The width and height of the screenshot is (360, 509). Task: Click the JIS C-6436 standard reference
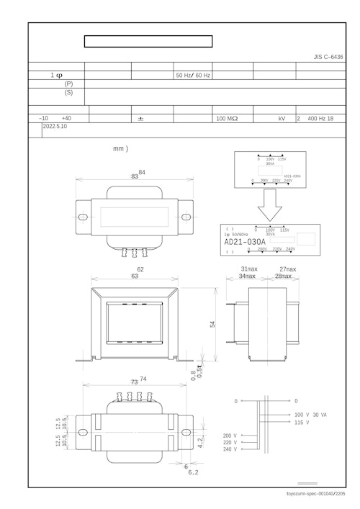[x=328, y=56]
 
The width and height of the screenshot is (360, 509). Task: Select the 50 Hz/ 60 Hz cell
[x=193, y=75]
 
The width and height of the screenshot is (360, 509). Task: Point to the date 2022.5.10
[x=55, y=126]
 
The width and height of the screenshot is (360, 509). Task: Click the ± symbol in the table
[x=140, y=118]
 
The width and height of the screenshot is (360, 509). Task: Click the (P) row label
[x=68, y=84]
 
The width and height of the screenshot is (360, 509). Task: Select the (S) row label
[x=68, y=93]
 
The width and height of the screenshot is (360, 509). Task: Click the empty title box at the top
[x=148, y=41]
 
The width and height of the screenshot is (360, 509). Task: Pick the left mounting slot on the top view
[x=82, y=217]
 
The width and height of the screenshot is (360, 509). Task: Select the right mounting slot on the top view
[x=186, y=217]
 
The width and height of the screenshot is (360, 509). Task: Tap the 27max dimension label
[x=287, y=269]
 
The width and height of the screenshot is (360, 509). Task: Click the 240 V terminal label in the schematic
[x=230, y=449]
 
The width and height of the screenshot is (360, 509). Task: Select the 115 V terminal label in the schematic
[x=302, y=423]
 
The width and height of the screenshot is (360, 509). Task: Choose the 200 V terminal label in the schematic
[x=230, y=436]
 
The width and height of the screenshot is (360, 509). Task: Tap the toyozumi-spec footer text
[x=315, y=494]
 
